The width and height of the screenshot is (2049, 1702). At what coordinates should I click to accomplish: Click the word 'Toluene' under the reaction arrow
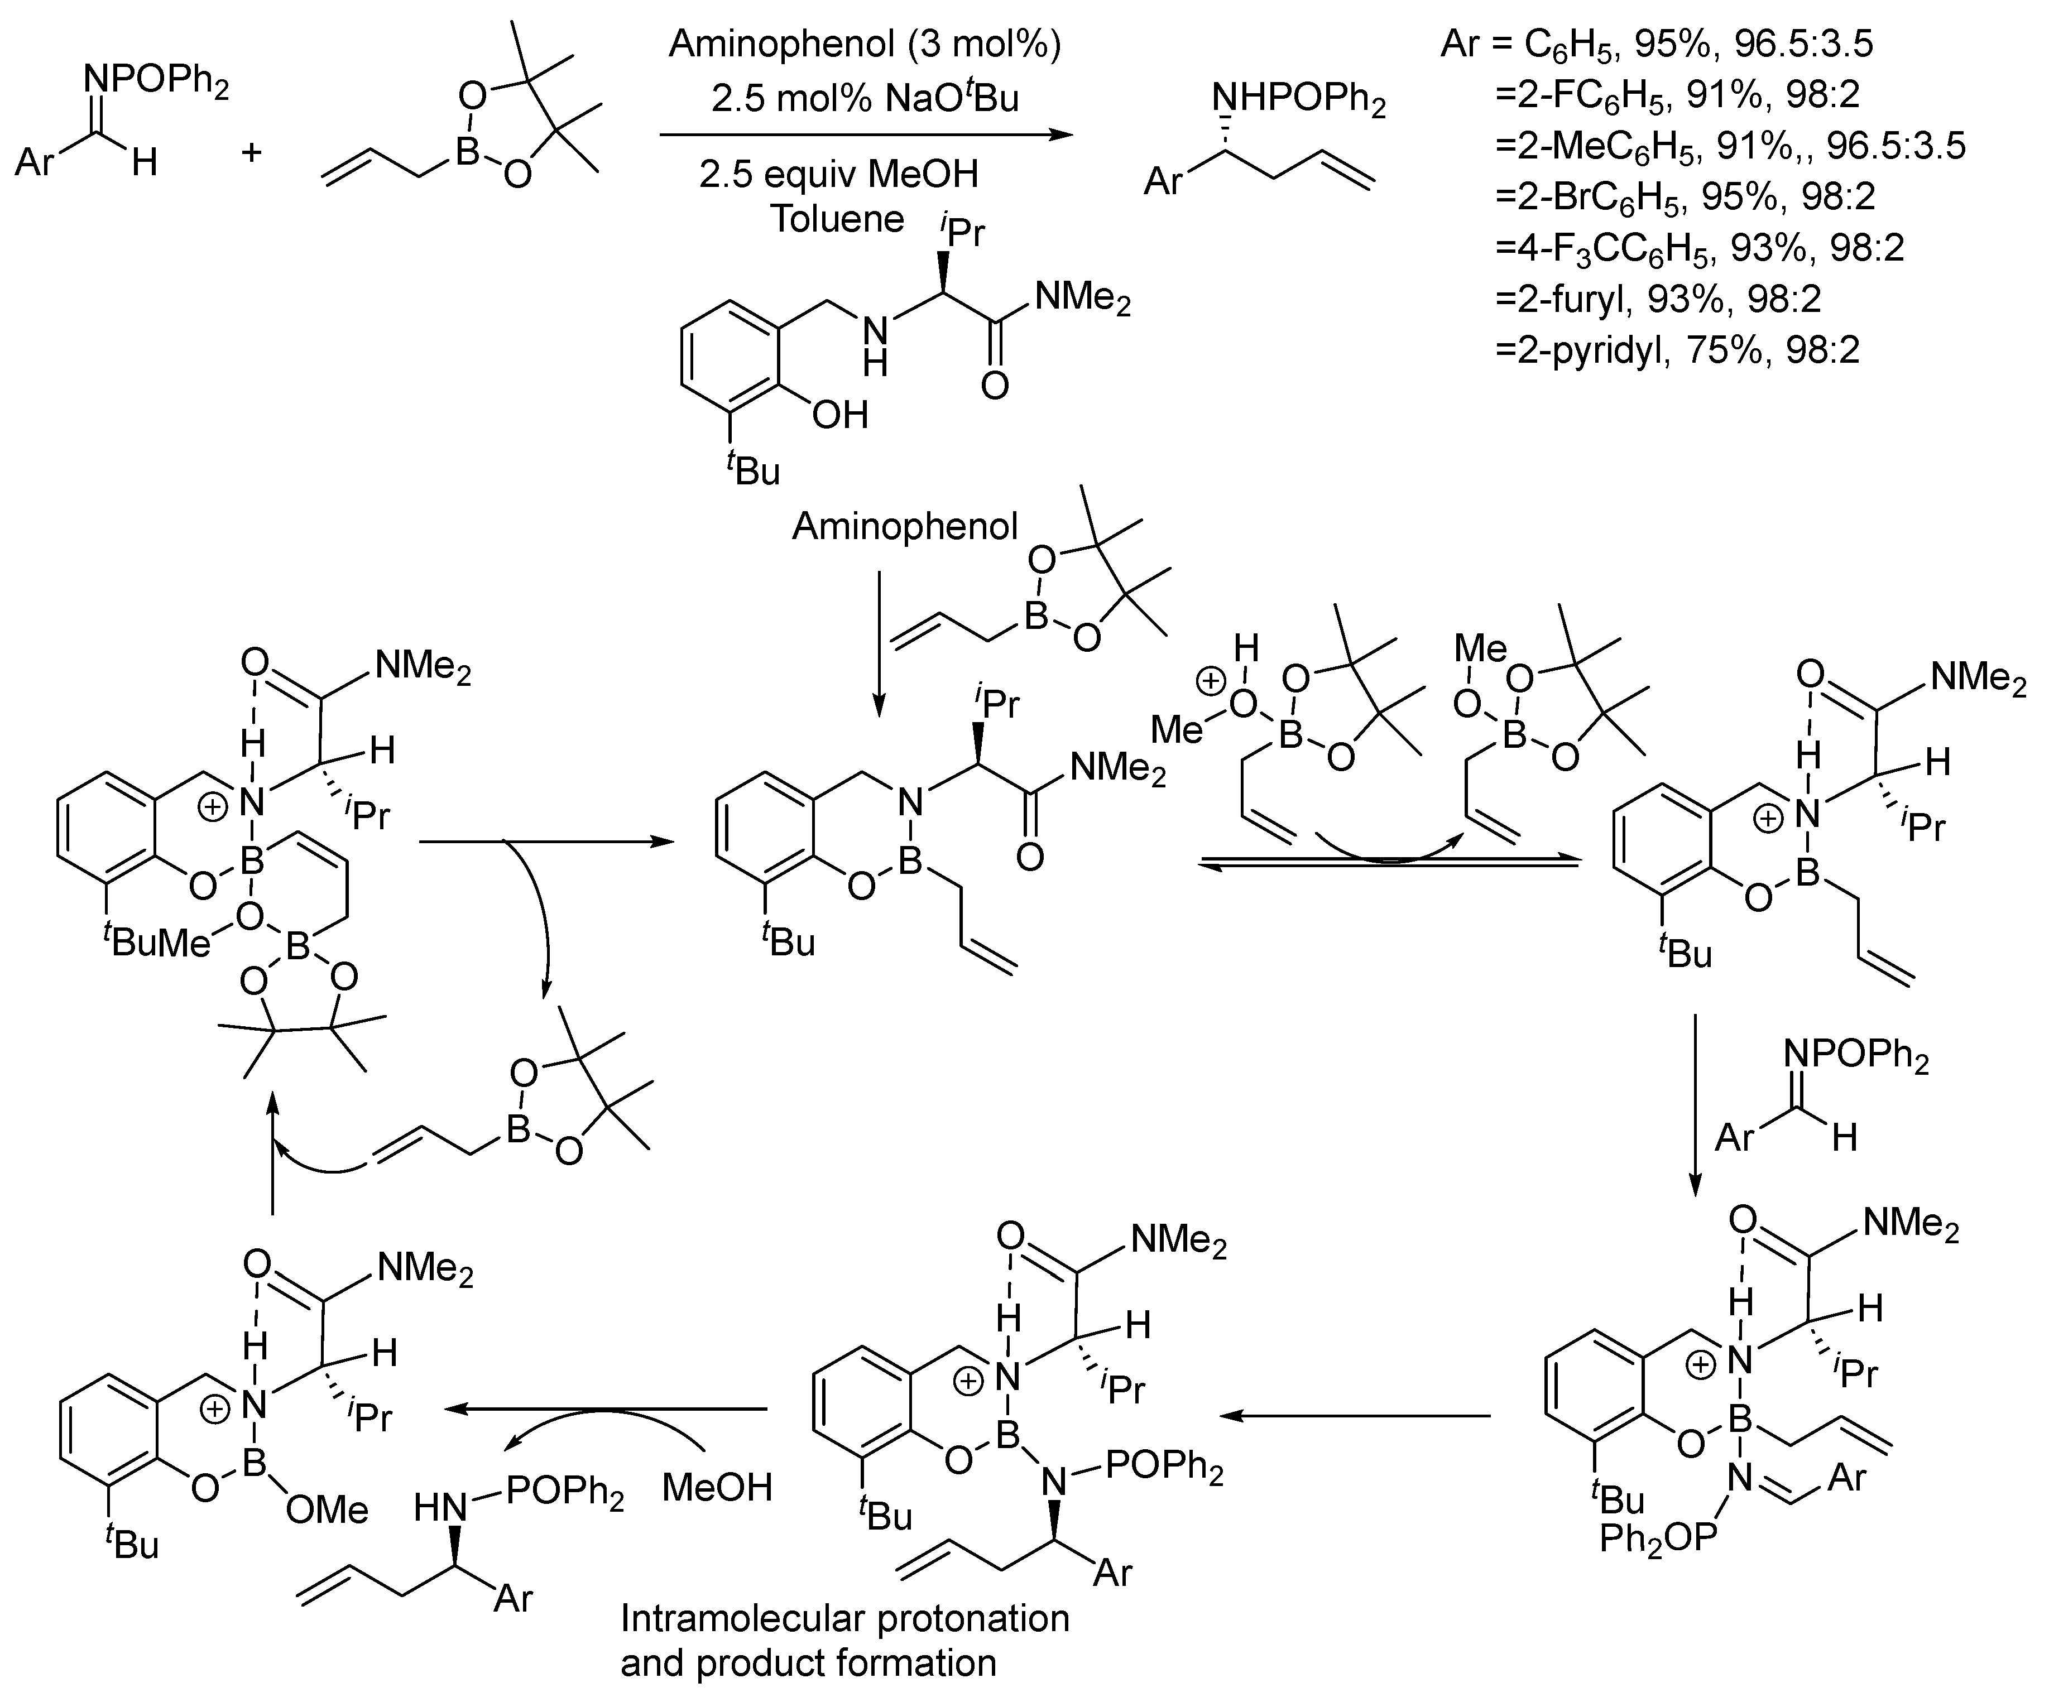tap(837, 219)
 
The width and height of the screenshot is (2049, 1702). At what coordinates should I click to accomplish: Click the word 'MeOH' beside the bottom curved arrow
tap(717, 1487)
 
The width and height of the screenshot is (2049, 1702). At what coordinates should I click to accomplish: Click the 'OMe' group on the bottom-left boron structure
tap(328, 1510)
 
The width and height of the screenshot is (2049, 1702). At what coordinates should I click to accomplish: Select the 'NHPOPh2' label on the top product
tap(1298, 99)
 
